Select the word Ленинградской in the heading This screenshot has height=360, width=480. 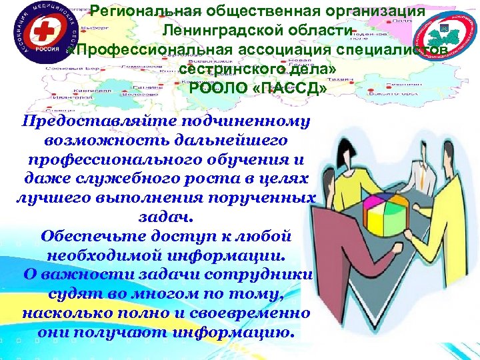219,32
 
